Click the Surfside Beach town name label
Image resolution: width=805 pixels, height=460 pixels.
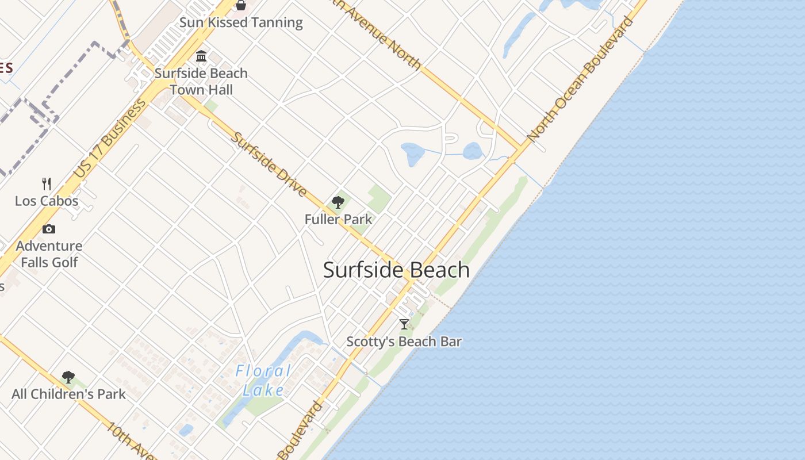tap(396, 270)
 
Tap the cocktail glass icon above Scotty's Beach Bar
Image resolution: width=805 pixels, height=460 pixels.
tap(404, 324)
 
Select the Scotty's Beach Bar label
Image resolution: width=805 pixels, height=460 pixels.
tap(404, 342)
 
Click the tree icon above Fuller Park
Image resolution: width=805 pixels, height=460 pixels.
tap(338, 202)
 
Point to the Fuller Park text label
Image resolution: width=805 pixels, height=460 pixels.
tap(338, 219)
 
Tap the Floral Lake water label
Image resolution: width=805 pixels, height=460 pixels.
tap(263, 381)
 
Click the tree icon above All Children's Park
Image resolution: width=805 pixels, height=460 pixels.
tap(68, 377)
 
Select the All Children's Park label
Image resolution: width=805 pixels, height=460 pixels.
tap(68, 394)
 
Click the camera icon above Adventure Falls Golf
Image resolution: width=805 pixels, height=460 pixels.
tap(49, 229)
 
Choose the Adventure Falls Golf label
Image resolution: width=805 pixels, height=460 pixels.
tap(49, 254)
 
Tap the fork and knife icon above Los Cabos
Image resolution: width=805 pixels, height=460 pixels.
tap(47, 184)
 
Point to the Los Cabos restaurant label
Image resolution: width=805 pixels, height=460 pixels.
tap(47, 201)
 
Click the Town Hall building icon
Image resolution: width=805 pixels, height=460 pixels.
tap(201, 56)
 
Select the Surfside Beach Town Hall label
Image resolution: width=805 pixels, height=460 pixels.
tap(201, 82)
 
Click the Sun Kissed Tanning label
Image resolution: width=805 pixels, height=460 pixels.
tap(241, 22)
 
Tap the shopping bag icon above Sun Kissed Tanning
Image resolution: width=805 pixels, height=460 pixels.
tap(241, 5)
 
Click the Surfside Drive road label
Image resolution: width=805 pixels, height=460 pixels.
tap(269, 164)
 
